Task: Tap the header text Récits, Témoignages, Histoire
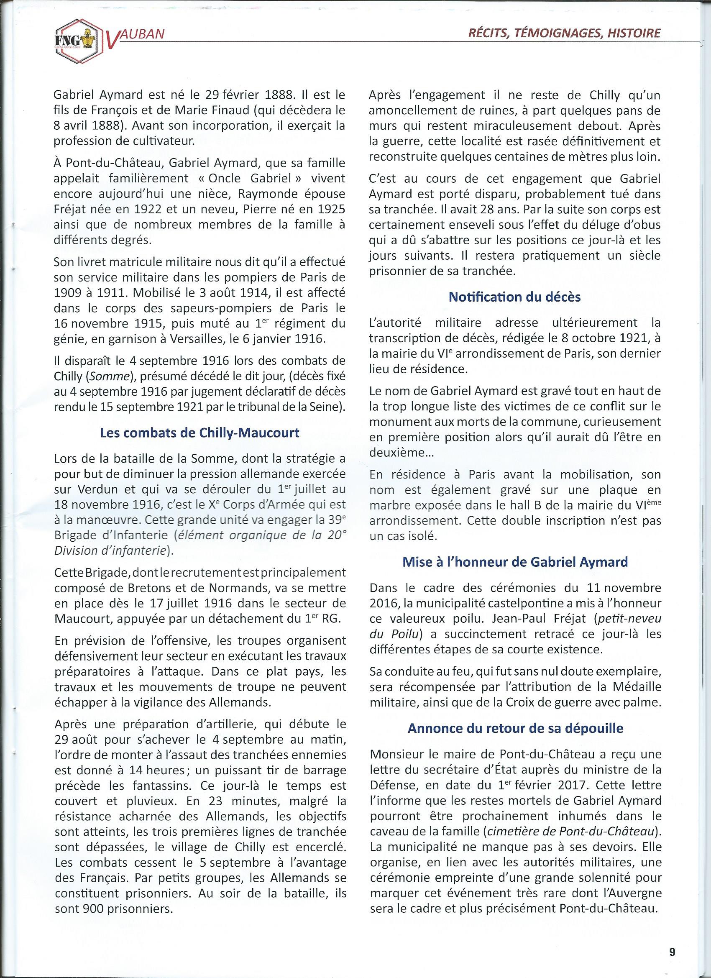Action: pos(564,33)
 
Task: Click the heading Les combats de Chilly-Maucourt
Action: pos(199,433)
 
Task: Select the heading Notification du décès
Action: pos(515,297)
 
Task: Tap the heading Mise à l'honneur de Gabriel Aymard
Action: pos(515,562)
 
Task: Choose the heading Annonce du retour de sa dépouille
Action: pos(515,728)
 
